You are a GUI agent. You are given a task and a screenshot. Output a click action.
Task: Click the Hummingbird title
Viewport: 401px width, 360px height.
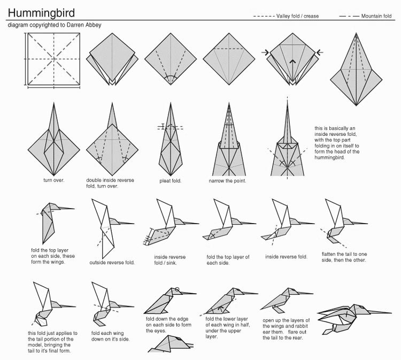41,13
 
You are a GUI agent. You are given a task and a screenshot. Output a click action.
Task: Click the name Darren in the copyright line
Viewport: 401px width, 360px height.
75,25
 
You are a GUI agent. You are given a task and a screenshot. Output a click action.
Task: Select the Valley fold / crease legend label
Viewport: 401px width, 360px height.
297,16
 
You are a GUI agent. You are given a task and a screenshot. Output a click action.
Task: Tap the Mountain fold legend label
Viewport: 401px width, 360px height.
376,16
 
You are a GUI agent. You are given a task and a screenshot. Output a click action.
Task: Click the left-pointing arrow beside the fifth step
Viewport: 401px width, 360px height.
320,52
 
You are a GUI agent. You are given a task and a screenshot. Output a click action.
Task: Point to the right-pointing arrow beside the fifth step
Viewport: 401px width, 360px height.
265,53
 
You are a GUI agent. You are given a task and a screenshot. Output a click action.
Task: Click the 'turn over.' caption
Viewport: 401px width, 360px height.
53,180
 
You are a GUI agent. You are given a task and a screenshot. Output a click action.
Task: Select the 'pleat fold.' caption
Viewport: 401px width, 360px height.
171,181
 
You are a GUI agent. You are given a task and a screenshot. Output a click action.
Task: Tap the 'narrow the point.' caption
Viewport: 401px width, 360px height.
227,181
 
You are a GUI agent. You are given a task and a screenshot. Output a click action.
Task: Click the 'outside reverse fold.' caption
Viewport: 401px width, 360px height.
112,263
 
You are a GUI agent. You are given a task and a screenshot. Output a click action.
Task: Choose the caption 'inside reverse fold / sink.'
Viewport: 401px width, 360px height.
170,259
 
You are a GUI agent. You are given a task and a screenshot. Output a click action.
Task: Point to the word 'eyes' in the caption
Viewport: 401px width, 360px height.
160,331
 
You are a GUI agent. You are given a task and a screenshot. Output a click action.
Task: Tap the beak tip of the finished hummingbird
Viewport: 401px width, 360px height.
391,313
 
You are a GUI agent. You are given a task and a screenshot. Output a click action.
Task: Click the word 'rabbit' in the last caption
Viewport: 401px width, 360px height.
300,326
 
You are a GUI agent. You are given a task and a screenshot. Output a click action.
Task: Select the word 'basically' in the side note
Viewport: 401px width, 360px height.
338,128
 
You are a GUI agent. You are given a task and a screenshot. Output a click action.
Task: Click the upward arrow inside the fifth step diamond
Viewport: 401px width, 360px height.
292,70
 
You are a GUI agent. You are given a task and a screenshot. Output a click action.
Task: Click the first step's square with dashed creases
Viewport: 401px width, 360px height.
54,59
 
